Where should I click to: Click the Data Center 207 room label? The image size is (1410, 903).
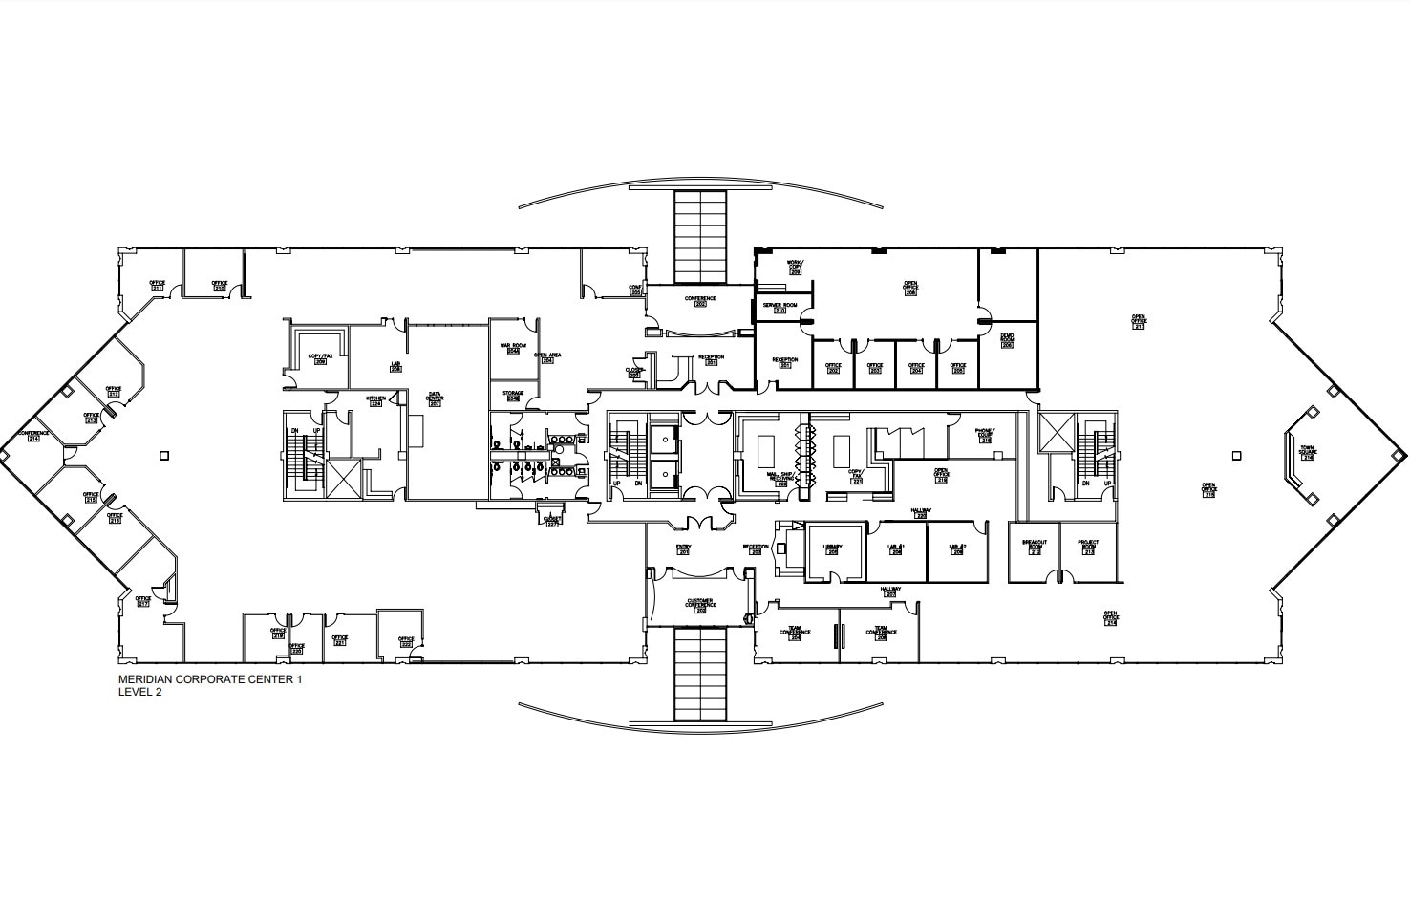click(436, 398)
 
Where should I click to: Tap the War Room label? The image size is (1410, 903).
click(513, 348)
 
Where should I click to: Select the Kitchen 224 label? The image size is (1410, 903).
click(375, 400)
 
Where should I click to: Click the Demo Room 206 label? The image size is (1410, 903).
click(1007, 340)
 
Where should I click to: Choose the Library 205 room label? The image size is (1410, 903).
click(832, 549)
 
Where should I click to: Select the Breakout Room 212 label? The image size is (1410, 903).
click(1035, 546)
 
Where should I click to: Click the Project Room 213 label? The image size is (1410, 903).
click(1089, 546)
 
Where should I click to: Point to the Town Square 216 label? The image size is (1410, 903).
click(1308, 452)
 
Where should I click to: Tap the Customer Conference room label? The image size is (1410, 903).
click(700, 605)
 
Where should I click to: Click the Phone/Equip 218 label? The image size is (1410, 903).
click(984, 435)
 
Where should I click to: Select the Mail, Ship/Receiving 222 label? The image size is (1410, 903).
click(780, 478)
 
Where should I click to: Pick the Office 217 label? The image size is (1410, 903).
click(143, 601)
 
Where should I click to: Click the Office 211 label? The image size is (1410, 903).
click(157, 285)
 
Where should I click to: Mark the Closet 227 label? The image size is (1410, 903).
click(551, 522)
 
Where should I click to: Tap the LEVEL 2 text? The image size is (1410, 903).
click(139, 693)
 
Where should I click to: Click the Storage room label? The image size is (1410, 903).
click(513, 396)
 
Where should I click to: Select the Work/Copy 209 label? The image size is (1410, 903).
click(795, 268)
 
